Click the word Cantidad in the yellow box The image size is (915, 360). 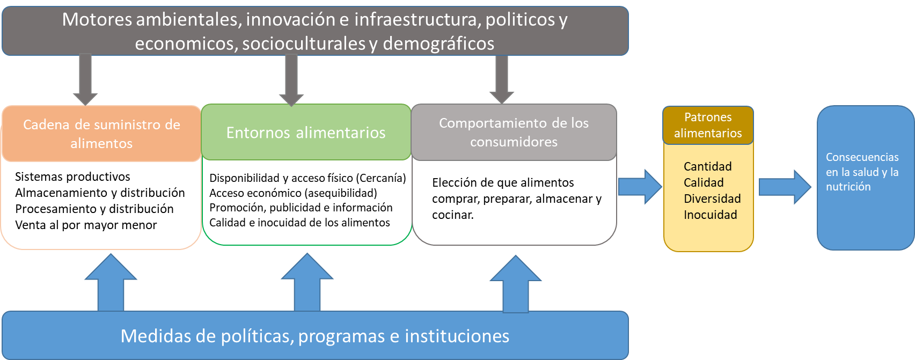point(707,166)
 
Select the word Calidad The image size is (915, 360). point(704,182)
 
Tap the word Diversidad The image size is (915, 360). point(712,199)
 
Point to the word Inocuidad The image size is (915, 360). point(710,215)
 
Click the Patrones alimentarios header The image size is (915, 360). point(708,125)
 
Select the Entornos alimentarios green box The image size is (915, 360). point(306,133)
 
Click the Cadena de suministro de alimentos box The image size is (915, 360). point(101,134)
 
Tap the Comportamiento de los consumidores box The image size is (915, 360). point(514,132)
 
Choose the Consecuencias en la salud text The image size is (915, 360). point(862,172)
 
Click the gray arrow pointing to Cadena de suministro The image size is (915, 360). point(85,79)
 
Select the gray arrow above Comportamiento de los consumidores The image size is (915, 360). point(502,79)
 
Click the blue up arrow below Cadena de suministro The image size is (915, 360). point(111,283)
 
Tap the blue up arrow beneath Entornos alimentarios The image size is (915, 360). point(308,283)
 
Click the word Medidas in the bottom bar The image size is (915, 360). point(154,336)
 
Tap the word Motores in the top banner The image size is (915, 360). point(97,19)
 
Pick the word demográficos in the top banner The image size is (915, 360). point(438,43)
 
